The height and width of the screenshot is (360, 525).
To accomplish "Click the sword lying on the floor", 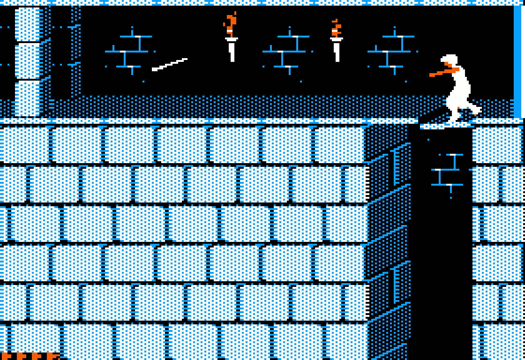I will tap(170, 65).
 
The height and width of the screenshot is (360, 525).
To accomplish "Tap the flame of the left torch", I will tap(230, 25).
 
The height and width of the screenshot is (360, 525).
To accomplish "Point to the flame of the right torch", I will tap(336, 28).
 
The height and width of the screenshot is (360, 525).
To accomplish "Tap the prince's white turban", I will tap(450, 60).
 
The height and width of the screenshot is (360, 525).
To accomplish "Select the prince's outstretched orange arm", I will tap(441, 73).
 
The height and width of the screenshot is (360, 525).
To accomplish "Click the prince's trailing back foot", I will tap(475, 112).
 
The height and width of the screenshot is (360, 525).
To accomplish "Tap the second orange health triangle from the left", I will tap(22, 356).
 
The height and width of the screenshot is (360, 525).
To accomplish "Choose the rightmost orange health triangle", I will tap(52, 356).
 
